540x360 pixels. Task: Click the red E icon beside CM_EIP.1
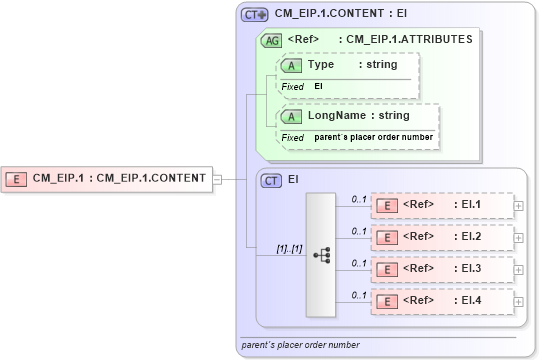point(17,179)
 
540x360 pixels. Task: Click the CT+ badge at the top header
point(255,15)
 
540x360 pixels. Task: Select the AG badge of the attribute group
point(270,41)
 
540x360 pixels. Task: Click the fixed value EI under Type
point(319,87)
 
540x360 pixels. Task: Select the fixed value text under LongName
point(374,136)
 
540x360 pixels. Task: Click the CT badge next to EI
point(271,180)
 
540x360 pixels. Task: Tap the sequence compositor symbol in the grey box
point(322,255)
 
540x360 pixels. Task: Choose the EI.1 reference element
point(441,206)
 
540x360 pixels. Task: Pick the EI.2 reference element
point(441,237)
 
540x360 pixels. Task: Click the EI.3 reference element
point(441,268)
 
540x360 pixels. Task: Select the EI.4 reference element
point(441,299)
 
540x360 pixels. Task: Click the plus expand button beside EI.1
point(518,206)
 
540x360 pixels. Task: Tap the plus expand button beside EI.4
point(518,299)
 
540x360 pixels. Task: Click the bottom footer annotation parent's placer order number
point(301,345)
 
